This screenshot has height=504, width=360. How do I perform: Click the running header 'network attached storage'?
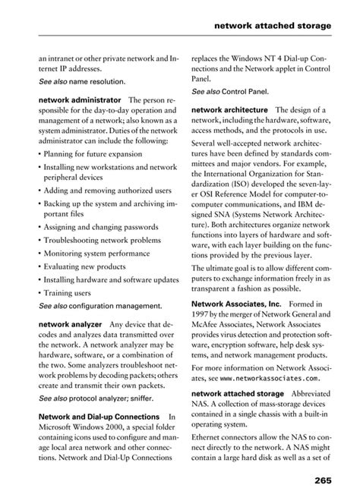(273, 25)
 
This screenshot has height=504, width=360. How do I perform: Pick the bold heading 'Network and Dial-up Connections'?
(99, 417)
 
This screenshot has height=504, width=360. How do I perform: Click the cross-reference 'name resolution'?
(97, 80)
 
